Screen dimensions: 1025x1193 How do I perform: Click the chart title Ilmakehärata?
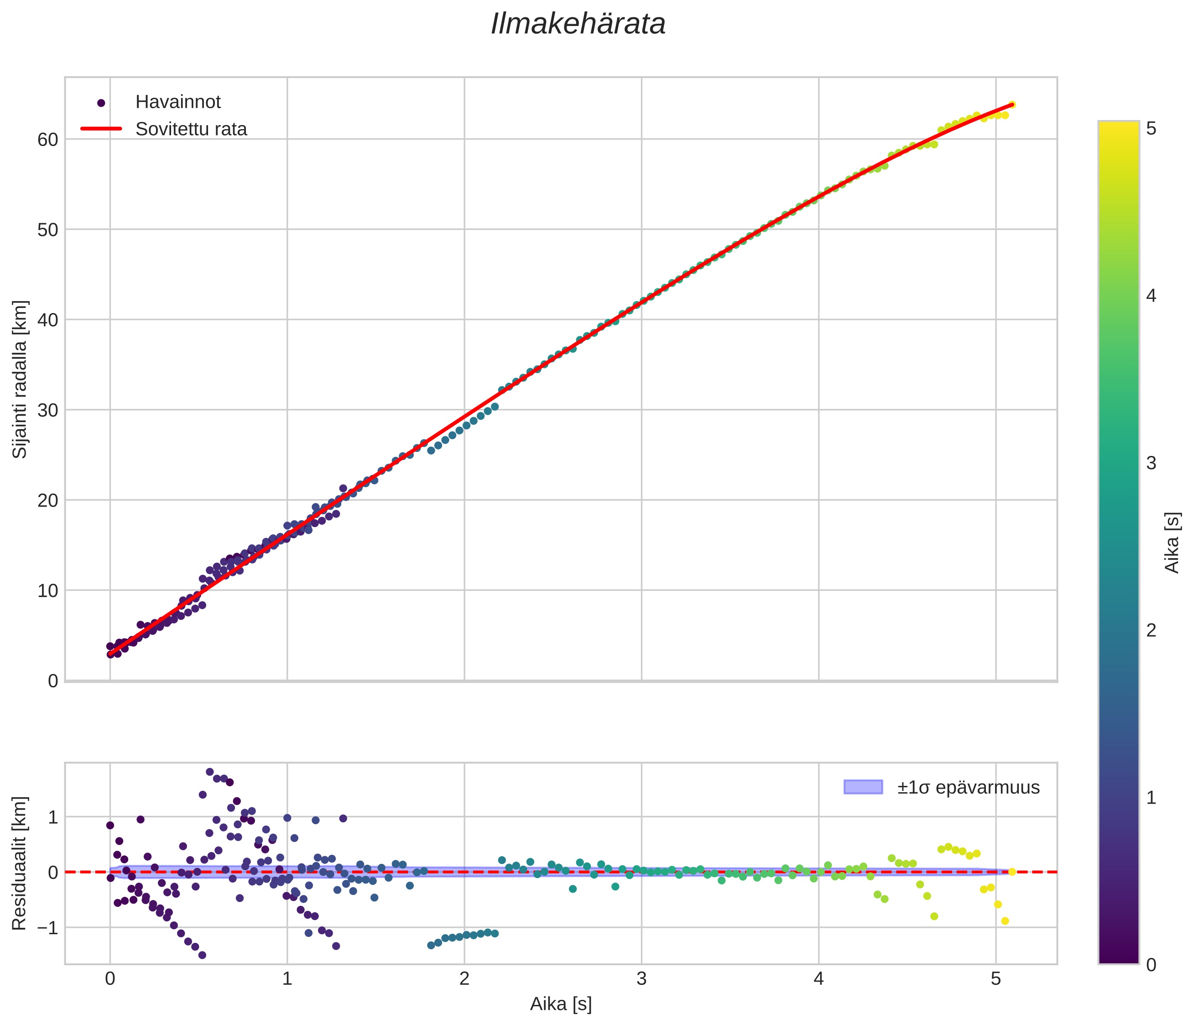[578, 25]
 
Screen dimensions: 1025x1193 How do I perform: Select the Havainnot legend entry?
[177, 102]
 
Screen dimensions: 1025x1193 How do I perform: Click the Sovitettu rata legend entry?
[191, 129]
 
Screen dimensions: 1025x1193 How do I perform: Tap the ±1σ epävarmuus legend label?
[968, 787]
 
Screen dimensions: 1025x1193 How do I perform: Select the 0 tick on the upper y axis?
[53, 681]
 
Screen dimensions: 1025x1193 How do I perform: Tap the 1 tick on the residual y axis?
[53, 817]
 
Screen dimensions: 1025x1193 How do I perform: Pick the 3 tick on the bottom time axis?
[641, 979]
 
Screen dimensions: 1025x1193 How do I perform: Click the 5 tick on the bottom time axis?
[995, 979]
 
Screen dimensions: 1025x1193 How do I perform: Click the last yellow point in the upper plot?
[1011, 105]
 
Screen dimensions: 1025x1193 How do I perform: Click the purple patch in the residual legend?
[863, 787]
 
